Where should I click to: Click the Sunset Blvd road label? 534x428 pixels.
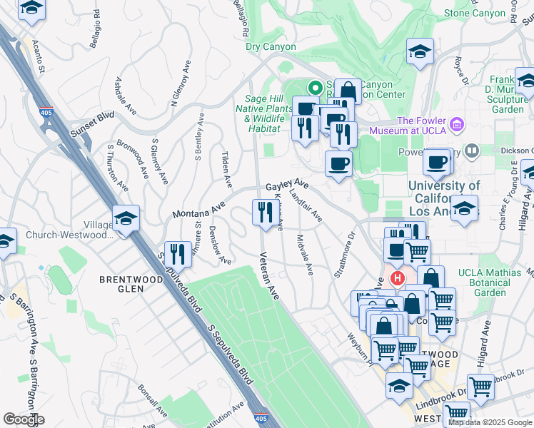(x=92, y=125)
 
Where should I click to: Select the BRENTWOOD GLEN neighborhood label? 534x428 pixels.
(x=131, y=284)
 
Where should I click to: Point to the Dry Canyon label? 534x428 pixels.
(x=270, y=47)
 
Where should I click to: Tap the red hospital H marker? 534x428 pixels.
(x=397, y=277)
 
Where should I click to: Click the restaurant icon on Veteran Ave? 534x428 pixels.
(x=263, y=212)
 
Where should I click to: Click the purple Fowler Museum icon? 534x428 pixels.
(x=457, y=126)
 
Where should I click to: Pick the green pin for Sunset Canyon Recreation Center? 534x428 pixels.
(x=313, y=88)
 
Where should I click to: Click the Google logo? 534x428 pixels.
(x=24, y=419)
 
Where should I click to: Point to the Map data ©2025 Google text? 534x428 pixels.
(x=490, y=422)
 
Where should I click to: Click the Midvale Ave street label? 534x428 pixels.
(x=305, y=255)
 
